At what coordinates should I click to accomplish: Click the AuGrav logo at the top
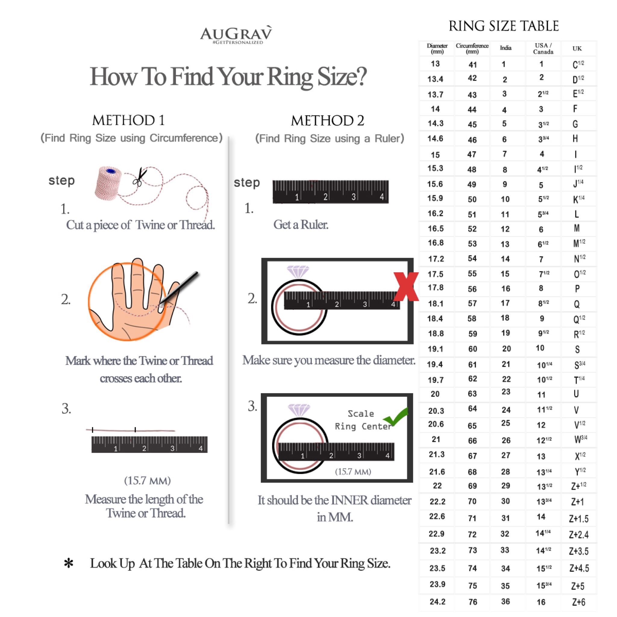click(x=236, y=34)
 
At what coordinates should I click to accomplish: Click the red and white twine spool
click(x=108, y=183)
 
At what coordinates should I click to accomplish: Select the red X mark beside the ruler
click(x=406, y=287)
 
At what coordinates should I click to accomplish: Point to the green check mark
click(x=396, y=416)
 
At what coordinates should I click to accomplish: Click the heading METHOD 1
click(x=128, y=121)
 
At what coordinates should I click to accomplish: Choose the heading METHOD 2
click(x=327, y=121)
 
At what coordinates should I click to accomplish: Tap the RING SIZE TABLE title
click(x=504, y=26)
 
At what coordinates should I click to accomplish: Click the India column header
click(x=506, y=48)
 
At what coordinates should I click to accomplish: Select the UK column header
click(x=577, y=49)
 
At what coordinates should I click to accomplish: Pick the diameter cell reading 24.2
click(x=437, y=602)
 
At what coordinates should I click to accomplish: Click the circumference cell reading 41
click(x=473, y=64)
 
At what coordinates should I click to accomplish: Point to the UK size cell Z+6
click(x=579, y=602)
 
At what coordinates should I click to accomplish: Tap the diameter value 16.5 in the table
click(x=436, y=228)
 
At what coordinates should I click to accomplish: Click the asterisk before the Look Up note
click(x=69, y=563)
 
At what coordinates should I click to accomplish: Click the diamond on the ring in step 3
click(x=299, y=410)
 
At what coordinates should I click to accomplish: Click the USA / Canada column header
click(x=543, y=49)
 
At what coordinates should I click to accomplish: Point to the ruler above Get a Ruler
click(x=330, y=192)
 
